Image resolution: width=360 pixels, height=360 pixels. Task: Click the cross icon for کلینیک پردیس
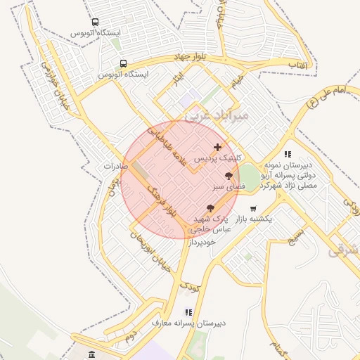click(218, 148)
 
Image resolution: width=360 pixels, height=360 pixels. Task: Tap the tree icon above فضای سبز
click(229, 176)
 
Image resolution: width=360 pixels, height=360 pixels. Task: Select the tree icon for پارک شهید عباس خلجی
click(210, 207)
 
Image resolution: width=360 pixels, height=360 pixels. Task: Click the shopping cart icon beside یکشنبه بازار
click(253, 208)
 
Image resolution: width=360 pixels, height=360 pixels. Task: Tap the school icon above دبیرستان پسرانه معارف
click(188, 311)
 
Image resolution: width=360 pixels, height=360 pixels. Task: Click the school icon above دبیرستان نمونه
click(288, 153)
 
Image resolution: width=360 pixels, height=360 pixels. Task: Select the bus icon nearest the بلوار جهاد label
click(124, 63)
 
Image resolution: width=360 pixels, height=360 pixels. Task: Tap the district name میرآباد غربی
click(202, 115)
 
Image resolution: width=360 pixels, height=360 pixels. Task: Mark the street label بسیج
click(295, 235)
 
